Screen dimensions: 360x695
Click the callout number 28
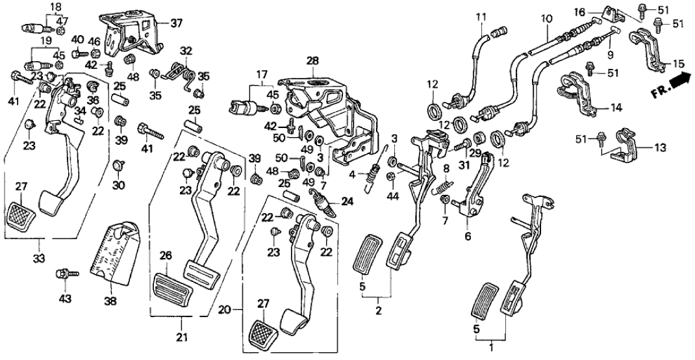pos(312,60)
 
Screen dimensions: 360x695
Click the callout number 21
pos(183,337)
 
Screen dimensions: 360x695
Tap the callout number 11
pos(481,16)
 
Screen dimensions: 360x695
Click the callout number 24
pos(347,201)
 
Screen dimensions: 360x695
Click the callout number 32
pos(186,50)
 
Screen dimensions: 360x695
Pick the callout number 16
pos(580,12)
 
